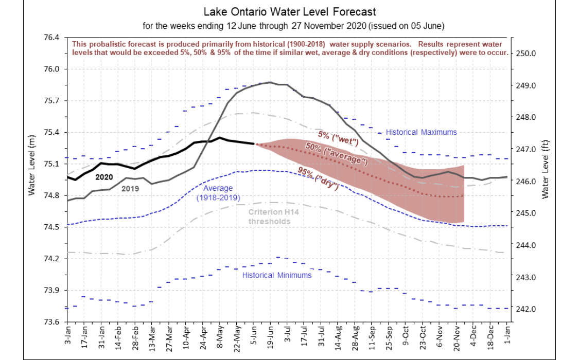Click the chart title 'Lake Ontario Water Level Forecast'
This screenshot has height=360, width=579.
coord(289,12)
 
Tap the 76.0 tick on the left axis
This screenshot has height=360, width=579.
coord(51,69)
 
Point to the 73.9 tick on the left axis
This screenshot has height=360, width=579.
coord(51,290)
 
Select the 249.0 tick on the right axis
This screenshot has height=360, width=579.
coord(526,85)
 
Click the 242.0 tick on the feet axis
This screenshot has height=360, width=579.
coord(526,309)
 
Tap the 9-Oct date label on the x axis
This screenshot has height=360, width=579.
coord(406,336)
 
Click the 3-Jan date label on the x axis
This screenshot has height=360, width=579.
coord(67,336)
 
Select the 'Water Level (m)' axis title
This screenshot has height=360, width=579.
coord(32,165)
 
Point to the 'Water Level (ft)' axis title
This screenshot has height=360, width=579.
coord(546,170)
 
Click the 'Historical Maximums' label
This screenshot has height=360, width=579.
coord(422,132)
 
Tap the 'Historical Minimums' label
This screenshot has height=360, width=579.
coord(277,275)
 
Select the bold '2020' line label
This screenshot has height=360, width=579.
coord(104,177)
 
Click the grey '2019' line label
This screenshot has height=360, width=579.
coord(130,188)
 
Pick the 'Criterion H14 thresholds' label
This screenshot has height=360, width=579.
coord(273,217)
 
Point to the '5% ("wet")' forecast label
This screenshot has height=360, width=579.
coord(338,138)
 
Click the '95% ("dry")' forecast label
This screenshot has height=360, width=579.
coord(318,178)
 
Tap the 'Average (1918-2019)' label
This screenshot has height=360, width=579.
coord(218,193)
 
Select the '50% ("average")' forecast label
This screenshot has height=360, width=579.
coord(337,153)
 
